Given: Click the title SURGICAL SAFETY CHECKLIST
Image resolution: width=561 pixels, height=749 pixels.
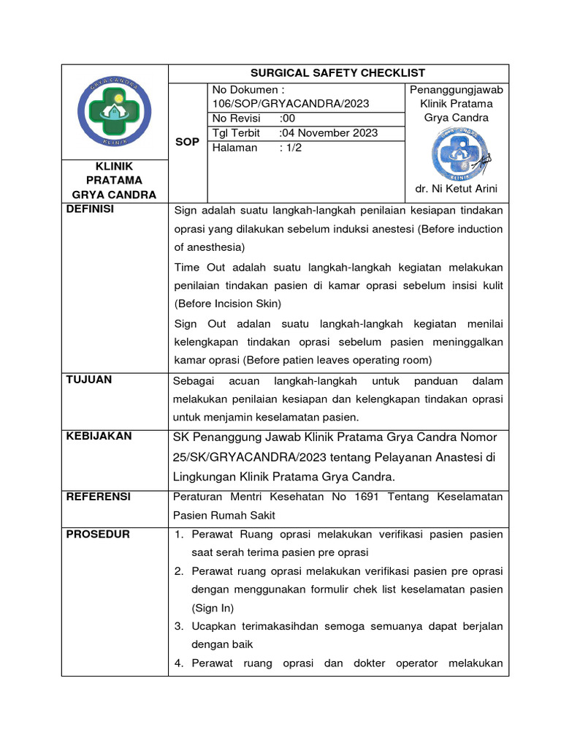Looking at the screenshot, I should pyautogui.click(x=337, y=73).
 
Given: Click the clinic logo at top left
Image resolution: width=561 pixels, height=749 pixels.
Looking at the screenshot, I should pyautogui.click(x=115, y=112).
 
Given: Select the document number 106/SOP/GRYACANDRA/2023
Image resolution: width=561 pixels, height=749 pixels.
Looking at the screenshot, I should pyautogui.click(x=290, y=104).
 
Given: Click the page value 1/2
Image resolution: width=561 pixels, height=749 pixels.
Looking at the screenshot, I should pyautogui.click(x=292, y=148).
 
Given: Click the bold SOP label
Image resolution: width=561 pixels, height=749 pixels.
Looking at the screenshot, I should pyautogui.click(x=187, y=142).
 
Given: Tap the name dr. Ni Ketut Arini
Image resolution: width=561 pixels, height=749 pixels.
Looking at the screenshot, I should pyautogui.click(x=456, y=189).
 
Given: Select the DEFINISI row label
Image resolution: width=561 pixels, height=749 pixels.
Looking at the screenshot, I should pyautogui.click(x=91, y=209).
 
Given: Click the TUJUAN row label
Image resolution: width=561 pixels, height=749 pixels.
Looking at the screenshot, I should pyautogui.click(x=89, y=380).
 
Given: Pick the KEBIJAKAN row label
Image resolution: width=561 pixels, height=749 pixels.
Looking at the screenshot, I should pyautogui.click(x=99, y=436).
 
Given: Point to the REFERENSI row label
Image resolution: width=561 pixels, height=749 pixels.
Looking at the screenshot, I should pyautogui.click(x=99, y=496).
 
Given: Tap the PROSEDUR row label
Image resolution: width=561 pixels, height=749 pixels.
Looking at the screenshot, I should pyautogui.click(x=98, y=534).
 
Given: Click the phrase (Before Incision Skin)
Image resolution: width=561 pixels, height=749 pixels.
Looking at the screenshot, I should pyautogui.click(x=227, y=304).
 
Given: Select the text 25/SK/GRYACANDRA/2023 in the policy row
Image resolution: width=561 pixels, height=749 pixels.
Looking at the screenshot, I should pyautogui.click(x=244, y=457).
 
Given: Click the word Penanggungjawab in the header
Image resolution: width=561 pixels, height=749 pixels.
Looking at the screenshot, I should pyautogui.click(x=456, y=89).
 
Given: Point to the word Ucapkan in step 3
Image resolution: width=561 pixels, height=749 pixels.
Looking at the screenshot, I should pyautogui.click(x=213, y=627).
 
